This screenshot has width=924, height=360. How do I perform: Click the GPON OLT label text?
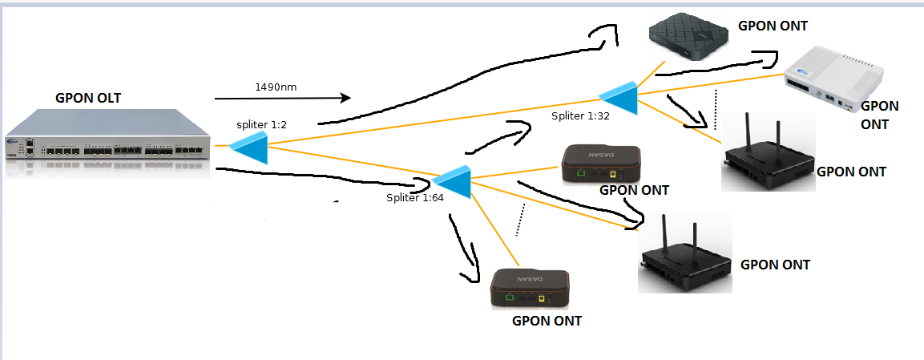pos(93,99)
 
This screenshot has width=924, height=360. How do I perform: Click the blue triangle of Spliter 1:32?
pos(621,97)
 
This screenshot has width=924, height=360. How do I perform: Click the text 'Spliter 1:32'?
pos(581,117)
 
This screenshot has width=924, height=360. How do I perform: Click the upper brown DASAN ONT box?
pos(600,164)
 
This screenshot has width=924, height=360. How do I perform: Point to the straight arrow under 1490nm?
pos(282,99)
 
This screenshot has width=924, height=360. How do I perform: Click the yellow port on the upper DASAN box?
pos(613,173)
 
